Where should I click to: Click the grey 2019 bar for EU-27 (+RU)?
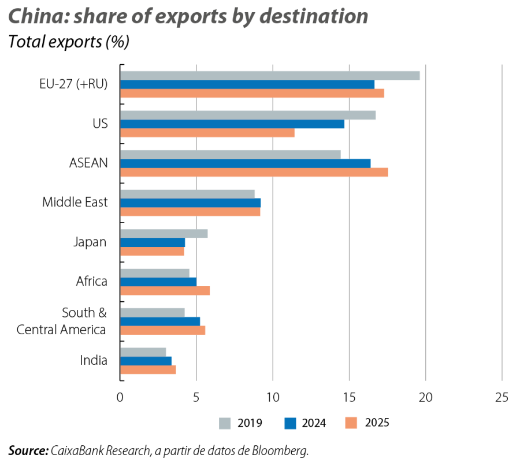(x=270, y=75)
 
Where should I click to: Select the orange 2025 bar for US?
(x=207, y=133)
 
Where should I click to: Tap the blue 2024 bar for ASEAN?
(x=246, y=163)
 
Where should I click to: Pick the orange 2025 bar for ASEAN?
(x=254, y=172)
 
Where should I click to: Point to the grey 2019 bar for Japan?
(x=164, y=234)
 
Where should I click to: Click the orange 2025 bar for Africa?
(x=165, y=291)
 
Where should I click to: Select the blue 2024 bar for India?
(x=146, y=361)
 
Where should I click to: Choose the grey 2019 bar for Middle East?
(x=188, y=194)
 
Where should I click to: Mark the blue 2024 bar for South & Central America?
(x=161, y=321)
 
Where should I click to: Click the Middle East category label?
(x=75, y=203)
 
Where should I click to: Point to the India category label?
(x=94, y=360)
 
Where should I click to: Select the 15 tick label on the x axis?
(x=349, y=397)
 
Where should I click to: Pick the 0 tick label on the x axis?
(x=120, y=397)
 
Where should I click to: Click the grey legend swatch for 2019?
(x=225, y=423)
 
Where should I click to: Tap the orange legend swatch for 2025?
(x=351, y=423)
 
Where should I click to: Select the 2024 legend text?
(x=314, y=423)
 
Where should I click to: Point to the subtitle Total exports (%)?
(x=69, y=42)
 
